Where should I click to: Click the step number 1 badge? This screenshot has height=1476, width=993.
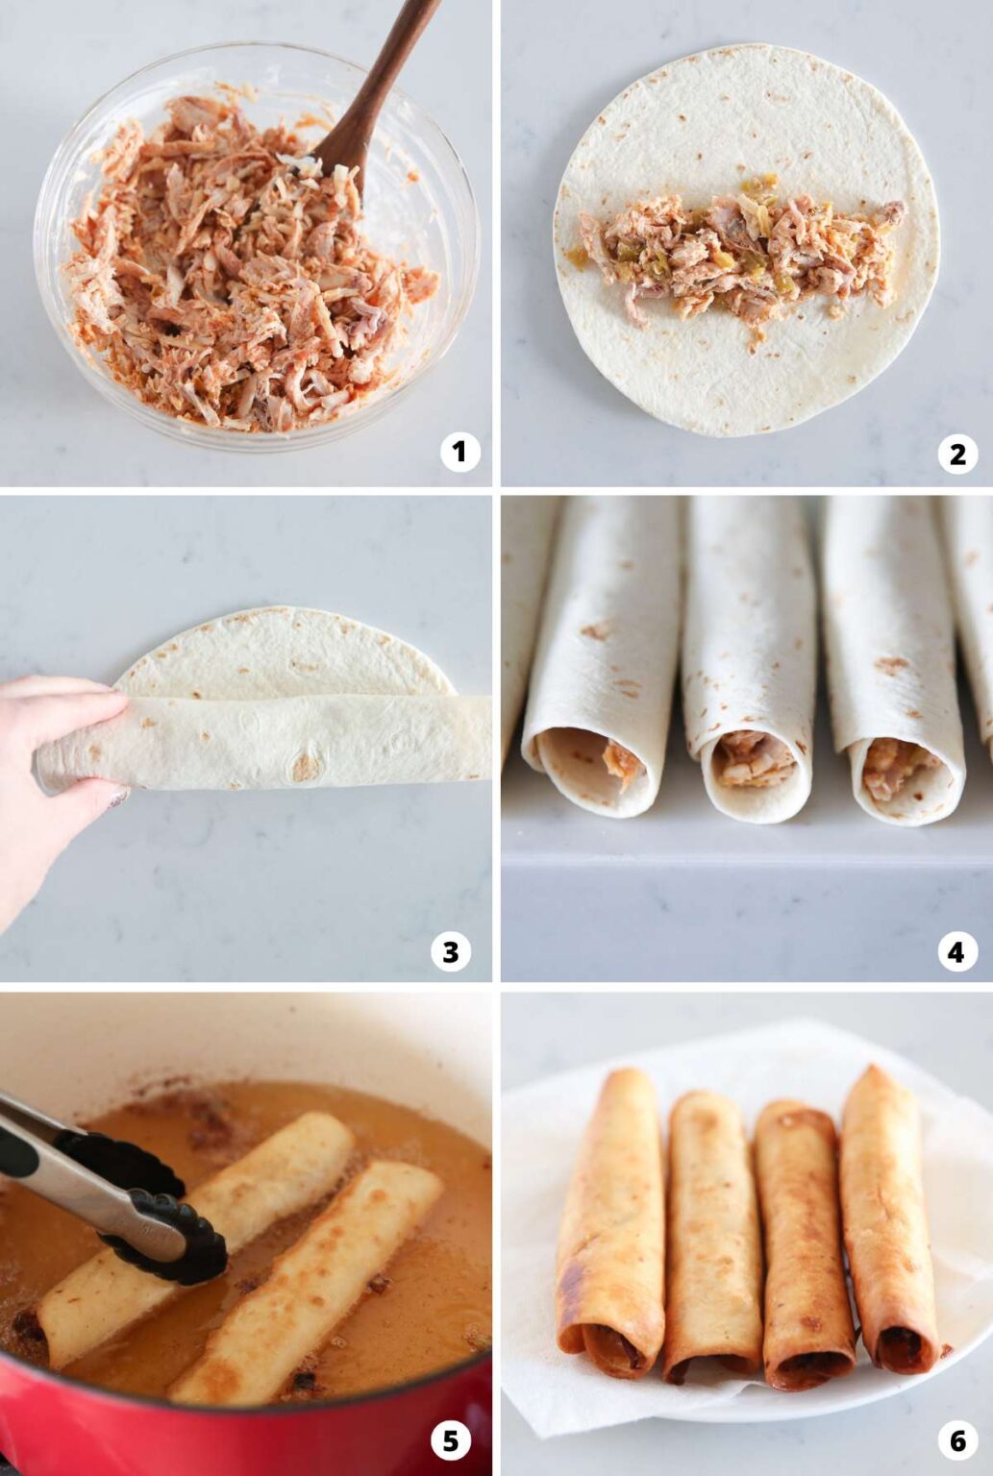coord(459,452)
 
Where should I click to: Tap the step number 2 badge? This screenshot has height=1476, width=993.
coord(956,453)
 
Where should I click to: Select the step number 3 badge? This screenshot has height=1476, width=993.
coord(450,951)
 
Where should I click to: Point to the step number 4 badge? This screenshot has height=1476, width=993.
coord(956,951)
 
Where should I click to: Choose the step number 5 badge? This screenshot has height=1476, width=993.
coord(450,1440)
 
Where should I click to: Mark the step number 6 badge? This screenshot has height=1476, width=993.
coord(956,1440)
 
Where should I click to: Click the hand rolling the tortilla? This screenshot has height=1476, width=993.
coord(58,759)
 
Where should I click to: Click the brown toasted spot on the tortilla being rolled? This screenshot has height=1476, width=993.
coord(306,765)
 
